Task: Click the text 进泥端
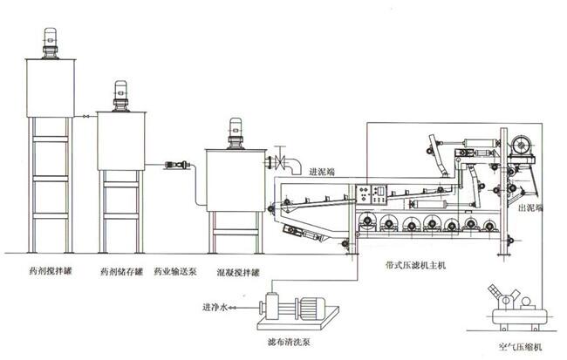click(323, 170)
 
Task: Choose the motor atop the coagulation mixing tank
click(233, 133)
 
